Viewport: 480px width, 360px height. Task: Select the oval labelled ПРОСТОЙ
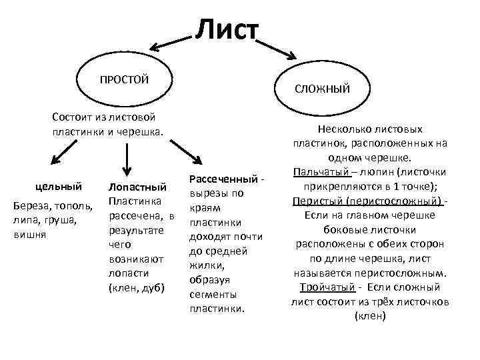[125, 80]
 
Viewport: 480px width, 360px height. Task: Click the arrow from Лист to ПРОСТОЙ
[170, 43]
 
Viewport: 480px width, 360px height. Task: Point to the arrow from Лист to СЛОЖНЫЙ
[277, 48]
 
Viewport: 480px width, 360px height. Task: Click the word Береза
[30, 205]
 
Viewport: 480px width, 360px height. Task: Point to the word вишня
[28, 234]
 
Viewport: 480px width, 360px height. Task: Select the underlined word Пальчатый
[317, 173]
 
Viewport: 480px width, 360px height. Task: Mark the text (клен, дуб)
[137, 288]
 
